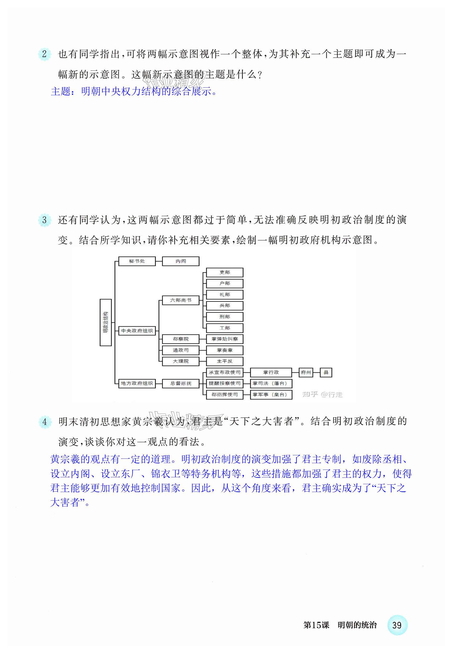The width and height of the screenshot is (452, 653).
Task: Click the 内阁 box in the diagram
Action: point(181,261)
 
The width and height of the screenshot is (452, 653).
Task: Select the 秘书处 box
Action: point(137,261)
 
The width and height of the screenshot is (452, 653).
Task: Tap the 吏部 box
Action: point(225,272)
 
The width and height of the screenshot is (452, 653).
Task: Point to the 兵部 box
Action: point(225,306)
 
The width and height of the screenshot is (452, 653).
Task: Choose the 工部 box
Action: point(225,328)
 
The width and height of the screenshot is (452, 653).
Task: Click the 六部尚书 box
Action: point(181,300)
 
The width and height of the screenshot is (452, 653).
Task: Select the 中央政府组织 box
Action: point(137,331)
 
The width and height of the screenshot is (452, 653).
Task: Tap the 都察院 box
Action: point(181,339)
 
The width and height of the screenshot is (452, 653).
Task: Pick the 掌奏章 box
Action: point(225,350)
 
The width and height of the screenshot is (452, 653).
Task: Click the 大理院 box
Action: point(181,361)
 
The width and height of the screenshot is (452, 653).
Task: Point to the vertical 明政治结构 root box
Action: point(106,322)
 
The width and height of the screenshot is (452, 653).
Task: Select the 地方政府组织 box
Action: point(137,383)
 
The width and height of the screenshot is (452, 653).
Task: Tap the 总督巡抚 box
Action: point(181,383)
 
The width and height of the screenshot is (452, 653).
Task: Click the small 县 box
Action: point(326,372)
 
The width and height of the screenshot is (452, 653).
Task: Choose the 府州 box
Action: point(306,372)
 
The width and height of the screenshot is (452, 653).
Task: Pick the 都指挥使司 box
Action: point(225,394)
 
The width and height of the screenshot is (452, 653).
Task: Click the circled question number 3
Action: point(44,220)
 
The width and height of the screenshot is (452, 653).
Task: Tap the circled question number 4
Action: point(45,422)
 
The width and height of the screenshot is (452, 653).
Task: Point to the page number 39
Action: point(397,625)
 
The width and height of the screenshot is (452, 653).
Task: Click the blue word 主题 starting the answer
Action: point(60,91)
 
